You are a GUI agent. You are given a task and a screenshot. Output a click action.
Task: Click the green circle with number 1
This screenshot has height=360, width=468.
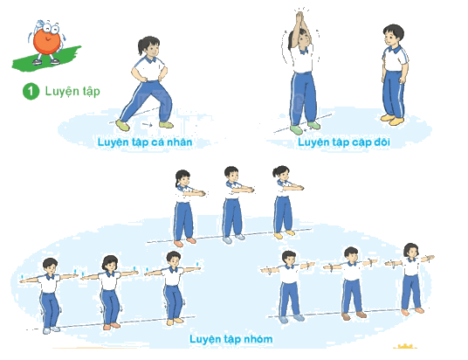pyautogui.click(x=31, y=91)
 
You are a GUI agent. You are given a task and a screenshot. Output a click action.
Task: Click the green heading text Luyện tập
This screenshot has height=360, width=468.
pyautogui.click(x=72, y=91)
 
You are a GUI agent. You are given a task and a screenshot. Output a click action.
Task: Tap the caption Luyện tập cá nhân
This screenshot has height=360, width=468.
pyautogui.click(x=145, y=142)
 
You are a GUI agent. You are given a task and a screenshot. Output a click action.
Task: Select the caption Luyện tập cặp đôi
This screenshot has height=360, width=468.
pyautogui.click(x=344, y=142)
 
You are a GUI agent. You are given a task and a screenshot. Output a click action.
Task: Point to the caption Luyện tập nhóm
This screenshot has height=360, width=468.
pyautogui.click(x=231, y=339)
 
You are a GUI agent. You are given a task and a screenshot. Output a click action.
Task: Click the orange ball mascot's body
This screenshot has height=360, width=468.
pyautogui.click(x=46, y=42)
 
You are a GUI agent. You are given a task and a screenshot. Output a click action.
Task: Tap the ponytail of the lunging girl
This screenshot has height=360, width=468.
pyautogui.click(x=141, y=46)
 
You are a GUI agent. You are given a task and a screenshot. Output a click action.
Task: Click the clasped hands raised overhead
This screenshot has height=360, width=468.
pyautogui.click(x=299, y=18)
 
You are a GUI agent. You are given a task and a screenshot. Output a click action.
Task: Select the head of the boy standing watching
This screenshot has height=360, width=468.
pyautogui.click(x=393, y=35)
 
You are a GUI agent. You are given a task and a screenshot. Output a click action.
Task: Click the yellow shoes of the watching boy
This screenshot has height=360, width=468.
pyautogui.click(x=392, y=119)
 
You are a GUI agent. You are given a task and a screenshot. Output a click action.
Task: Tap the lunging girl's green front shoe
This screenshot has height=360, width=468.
pyautogui.click(x=122, y=125)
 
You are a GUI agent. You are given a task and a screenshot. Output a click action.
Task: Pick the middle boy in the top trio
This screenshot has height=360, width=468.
pyautogui.click(x=234, y=204)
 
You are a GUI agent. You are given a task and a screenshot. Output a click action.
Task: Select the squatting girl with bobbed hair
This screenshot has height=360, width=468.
pyautogui.click(x=110, y=292)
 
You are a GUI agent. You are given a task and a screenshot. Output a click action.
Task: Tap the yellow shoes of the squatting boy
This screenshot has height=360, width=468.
pyautogui.click(x=175, y=322)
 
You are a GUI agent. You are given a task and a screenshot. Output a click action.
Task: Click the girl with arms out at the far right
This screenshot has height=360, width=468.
pyautogui.click(x=410, y=280)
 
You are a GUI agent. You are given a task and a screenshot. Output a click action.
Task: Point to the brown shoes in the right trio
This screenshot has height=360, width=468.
pyautogui.click(x=354, y=315)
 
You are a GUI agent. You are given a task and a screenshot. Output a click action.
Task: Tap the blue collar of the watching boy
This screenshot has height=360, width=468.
pyautogui.click(x=393, y=49)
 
